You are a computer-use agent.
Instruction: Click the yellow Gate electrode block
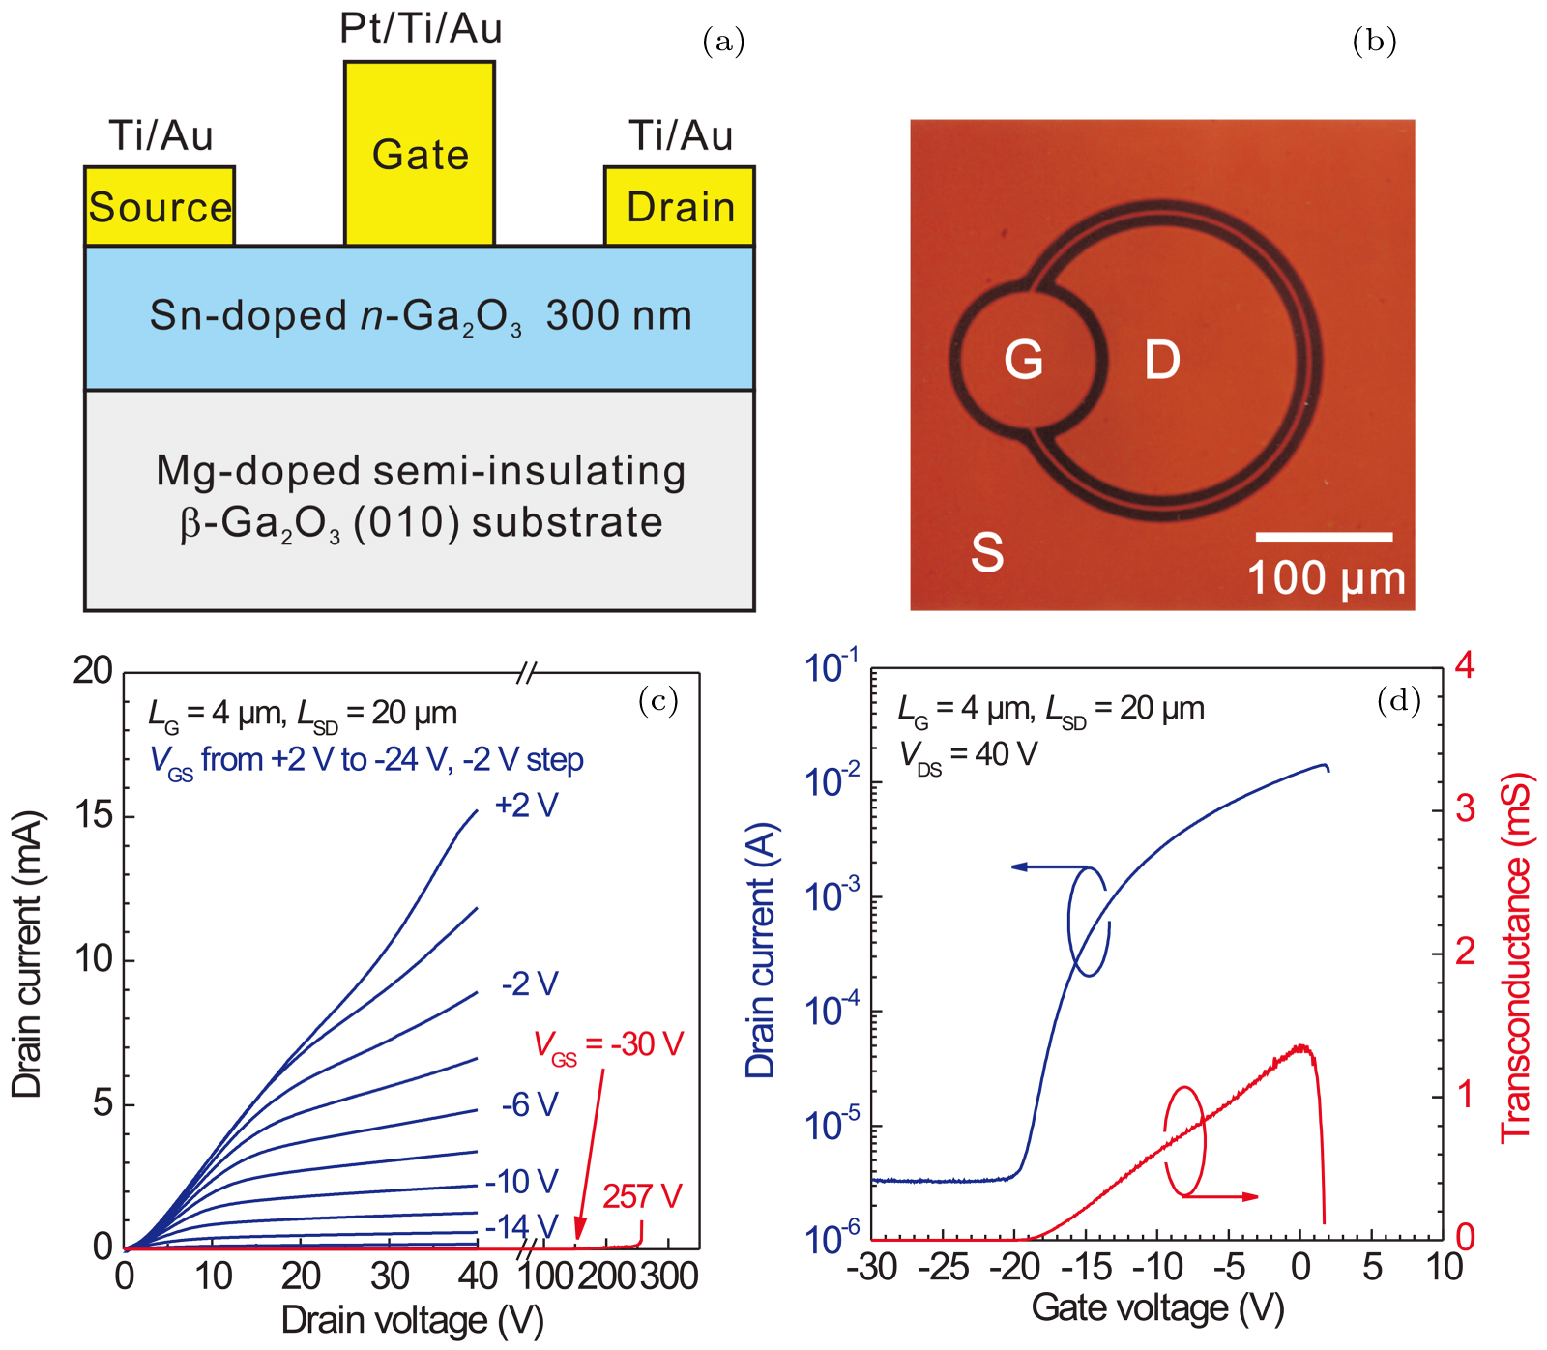click(x=420, y=155)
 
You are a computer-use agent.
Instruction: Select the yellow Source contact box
click(x=160, y=207)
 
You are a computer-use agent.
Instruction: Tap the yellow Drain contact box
click(x=680, y=207)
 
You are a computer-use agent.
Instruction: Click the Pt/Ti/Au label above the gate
click(x=421, y=29)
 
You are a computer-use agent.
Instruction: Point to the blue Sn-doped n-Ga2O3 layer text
click(x=421, y=316)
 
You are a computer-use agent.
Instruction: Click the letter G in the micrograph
click(x=1023, y=360)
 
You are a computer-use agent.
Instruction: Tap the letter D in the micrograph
click(x=1162, y=360)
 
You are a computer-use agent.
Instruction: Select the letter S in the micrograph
click(x=987, y=552)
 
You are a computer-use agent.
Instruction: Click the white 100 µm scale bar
click(x=1324, y=536)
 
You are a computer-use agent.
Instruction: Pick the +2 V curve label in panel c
click(x=527, y=806)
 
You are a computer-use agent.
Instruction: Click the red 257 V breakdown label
click(x=642, y=1197)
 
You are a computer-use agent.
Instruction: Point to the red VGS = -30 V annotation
click(x=609, y=1045)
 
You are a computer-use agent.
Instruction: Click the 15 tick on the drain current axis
click(x=94, y=815)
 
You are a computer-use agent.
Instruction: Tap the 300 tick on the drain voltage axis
click(x=669, y=1277)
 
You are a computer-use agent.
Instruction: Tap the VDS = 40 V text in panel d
click(x=968, y=755)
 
